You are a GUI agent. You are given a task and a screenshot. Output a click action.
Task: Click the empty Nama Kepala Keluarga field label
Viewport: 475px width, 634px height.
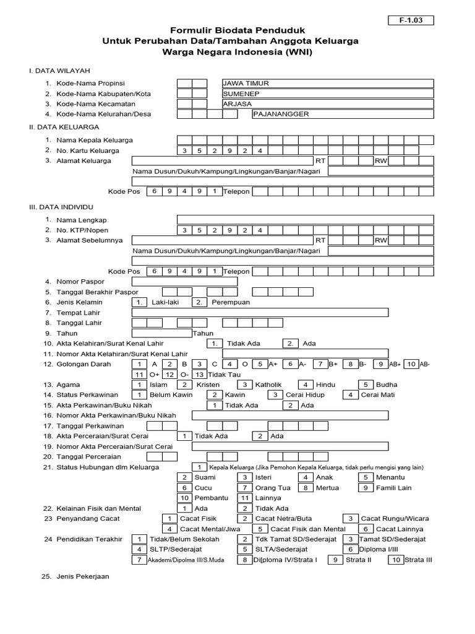(95, 140)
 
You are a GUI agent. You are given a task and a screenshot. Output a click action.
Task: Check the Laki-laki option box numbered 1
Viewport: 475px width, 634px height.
(140, 302)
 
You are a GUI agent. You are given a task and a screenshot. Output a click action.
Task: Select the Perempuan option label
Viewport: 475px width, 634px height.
(231, 302)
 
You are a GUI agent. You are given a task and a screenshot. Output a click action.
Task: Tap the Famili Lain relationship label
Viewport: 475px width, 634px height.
(395, 487)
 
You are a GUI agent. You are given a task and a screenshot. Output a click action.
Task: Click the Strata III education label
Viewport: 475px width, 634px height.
(418, 559)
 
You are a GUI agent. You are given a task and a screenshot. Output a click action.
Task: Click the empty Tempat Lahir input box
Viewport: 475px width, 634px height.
(260, 313)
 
